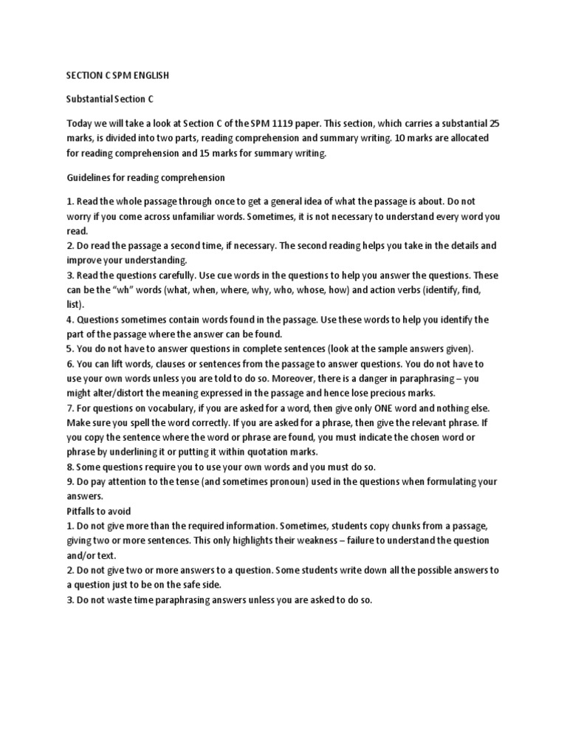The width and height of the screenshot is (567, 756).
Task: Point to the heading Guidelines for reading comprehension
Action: [x=145, y=178]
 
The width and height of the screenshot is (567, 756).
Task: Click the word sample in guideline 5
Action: [x=397, y=348]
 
